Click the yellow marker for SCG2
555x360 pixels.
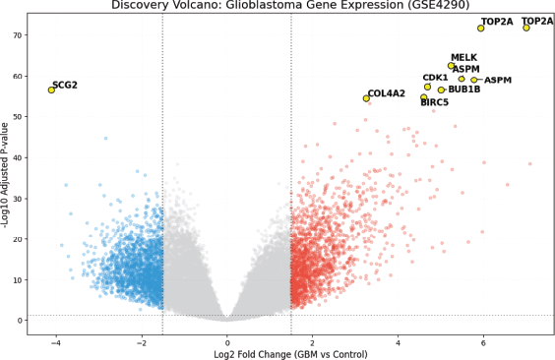coord(51,90)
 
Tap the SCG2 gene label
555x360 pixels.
coord(65,86)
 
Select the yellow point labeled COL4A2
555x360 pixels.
coord(366,98)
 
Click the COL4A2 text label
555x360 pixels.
coord(386,93)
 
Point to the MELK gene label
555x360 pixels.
coord(463,57)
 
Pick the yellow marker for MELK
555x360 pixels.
coord(451,66)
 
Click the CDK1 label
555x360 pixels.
coord(435,78)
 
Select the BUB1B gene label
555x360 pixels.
coord(464,90)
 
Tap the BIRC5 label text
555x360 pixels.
coord(434,102)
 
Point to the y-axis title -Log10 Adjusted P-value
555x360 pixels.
coord(5,175)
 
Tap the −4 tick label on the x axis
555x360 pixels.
coord(55,343)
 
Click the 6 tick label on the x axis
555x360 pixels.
coord(483,343)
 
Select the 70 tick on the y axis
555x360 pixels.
coord(18,35)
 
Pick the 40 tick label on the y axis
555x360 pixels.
coord(18,157)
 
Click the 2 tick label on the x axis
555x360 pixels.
coord(313,343)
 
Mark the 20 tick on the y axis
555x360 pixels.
coord(18,239)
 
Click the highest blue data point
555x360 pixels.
coord(105,139)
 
